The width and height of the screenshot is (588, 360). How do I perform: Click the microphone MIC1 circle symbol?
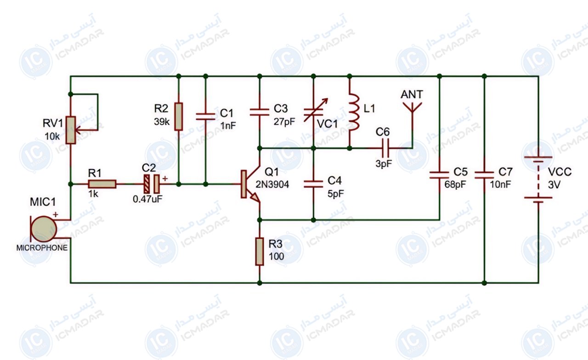tap(44, 229)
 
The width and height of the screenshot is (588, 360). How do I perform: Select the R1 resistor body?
tap(102, 184)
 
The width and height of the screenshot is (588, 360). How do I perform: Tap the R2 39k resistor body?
tap(179, 117)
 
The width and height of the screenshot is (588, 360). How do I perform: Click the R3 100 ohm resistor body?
tap(260, 252)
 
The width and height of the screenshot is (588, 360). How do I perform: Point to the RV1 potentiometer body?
tap(71, 130)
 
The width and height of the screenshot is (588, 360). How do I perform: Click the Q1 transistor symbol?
tap(250, 184)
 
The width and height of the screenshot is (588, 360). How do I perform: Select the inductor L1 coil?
tap(353, 112)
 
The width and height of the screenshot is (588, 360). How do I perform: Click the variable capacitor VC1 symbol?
tap(315, 111)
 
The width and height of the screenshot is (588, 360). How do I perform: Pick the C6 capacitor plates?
tap(386, 148)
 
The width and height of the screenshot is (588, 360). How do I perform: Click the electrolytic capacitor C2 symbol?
tap(152, 184)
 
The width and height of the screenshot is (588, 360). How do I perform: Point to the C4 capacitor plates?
tap(313, 184)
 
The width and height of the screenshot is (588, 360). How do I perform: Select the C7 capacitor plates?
tap(484, 175)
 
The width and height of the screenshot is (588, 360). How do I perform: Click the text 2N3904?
tap(272, 185)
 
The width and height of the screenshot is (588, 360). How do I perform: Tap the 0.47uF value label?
tap(147, 199)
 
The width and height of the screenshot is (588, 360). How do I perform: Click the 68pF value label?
tap(455, 185)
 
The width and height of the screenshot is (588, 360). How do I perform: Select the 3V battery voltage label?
tap(554, 185)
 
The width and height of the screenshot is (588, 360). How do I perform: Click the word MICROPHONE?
tap(42, 247)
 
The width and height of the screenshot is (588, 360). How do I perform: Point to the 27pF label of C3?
tap(284, 122)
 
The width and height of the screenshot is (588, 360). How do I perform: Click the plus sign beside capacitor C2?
tap(165, 179)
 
